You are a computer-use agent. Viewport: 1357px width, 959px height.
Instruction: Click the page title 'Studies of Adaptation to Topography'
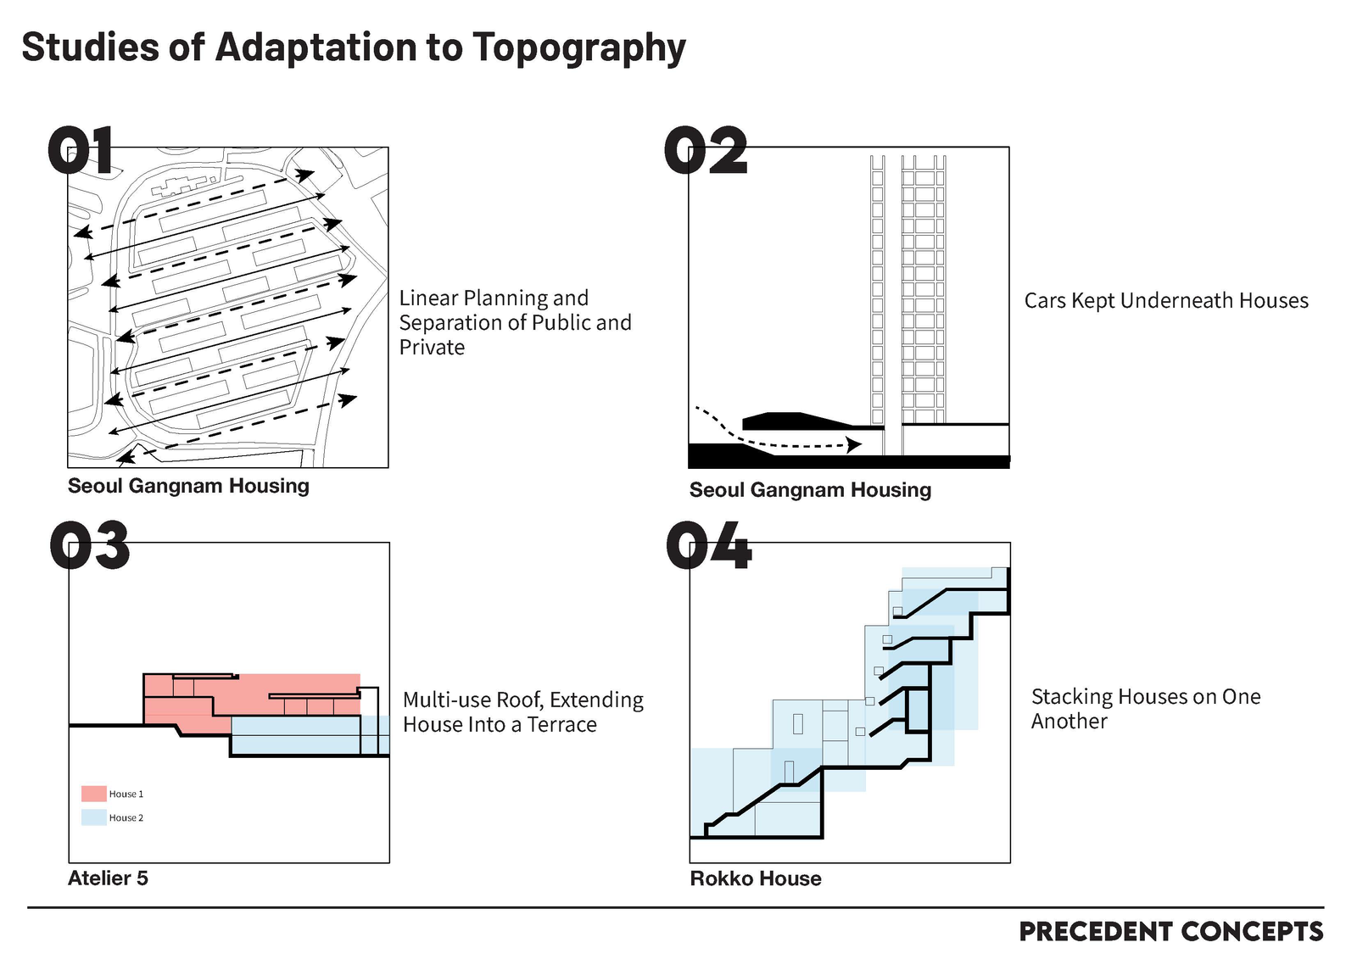click(x=353, y=48)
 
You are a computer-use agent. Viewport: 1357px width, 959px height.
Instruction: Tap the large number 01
click(x=81, y=152)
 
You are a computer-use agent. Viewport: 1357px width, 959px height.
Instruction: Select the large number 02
click(x=706, y=152)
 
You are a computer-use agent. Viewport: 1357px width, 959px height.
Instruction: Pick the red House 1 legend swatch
click(x=93, y=794)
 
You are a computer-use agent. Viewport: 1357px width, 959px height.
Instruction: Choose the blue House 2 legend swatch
click(x=93, y=817)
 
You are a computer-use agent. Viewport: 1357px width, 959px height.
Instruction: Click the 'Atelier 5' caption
click(x=108, y=878)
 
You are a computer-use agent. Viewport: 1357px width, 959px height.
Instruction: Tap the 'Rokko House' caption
click(x=756, y=878)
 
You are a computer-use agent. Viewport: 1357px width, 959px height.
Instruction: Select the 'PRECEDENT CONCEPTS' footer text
click(x=1170, y=932)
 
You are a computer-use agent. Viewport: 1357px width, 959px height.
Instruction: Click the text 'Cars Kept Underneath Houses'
click(x=1166, y=301)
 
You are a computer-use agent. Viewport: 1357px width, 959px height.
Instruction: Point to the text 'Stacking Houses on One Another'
click(x=1145, y=709)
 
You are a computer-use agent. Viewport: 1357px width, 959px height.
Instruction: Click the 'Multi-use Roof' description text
click(x=522, y=712)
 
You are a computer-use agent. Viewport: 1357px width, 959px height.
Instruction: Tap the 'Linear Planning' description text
click(x=515, y=322)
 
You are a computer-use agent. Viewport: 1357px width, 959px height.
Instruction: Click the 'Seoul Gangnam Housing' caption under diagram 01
click(x=188, y=486)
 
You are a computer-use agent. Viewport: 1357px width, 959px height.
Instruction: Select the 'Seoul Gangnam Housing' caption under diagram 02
click(x=810, y=490)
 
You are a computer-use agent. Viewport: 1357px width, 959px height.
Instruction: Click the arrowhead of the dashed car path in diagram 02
click(x=855, y=444)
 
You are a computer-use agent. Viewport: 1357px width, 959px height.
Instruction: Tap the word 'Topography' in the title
click(x=578, y=48)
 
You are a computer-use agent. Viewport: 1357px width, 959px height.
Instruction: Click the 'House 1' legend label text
click(x=126, y=795)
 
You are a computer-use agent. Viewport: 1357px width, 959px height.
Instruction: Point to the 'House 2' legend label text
click(x=126, y=818)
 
